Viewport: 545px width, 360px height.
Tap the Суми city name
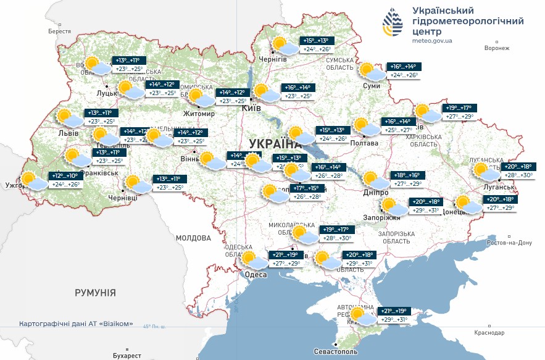click(372, 86)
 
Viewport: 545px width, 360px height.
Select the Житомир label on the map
click(199, 114)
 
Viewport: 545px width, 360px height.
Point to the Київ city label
click(251, 107)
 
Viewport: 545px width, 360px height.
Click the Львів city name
click(67, 133)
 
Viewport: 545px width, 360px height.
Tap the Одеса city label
click(255, 275)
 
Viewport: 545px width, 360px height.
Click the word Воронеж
click(497, 48)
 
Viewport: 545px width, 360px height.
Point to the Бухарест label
click(127, 356)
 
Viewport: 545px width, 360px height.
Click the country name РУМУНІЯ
click(96, 292)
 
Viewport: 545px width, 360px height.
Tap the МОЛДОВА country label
click(193, 238)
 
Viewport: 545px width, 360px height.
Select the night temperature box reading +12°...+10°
click(65, 176)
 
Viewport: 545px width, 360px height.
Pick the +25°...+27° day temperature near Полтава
click(398, 130)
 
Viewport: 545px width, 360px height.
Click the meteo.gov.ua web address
click(432, 41)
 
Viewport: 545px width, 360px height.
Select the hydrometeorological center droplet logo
click(391, 23)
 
